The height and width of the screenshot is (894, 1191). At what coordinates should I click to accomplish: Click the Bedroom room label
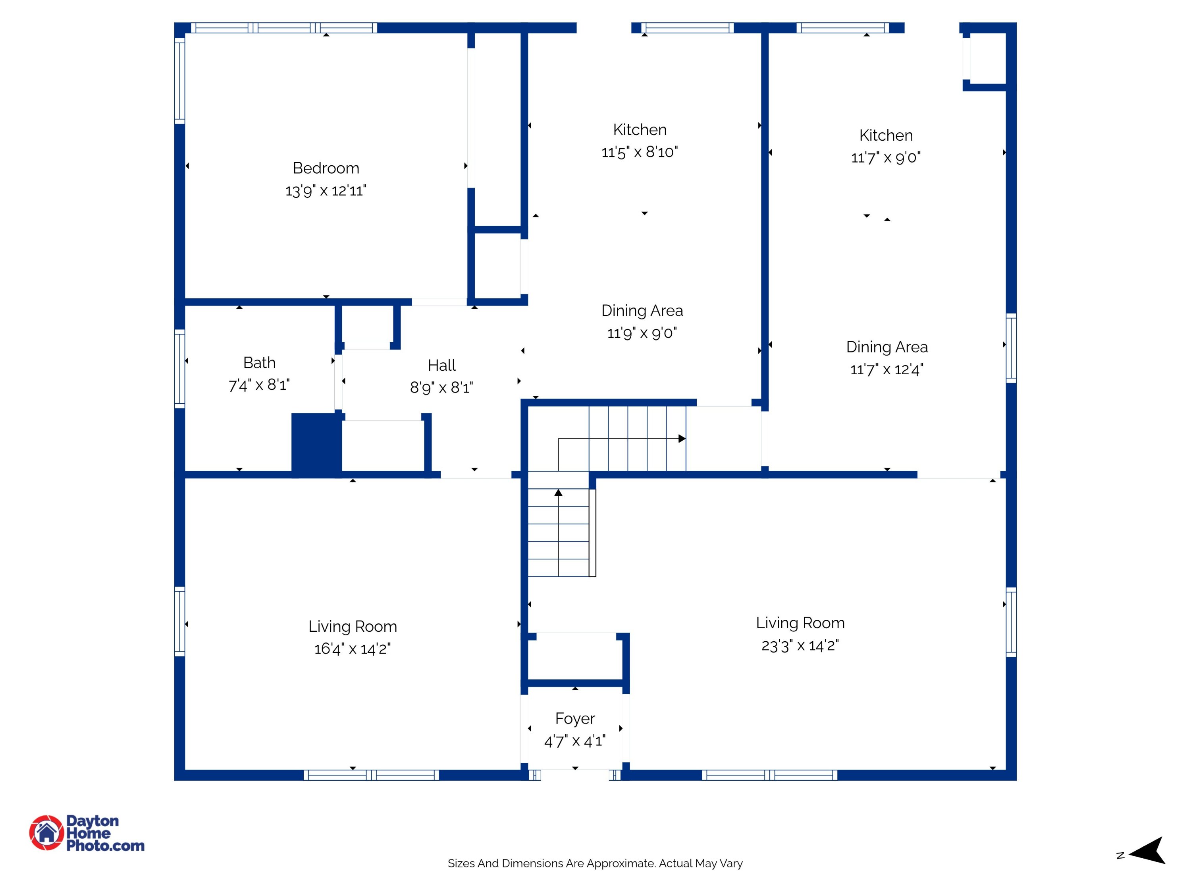[326, 168]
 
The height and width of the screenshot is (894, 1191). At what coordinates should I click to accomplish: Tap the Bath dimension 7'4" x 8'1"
[259, 385]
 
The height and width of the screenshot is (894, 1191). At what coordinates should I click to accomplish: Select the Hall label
[441, 366]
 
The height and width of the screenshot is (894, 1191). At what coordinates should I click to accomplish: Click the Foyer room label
[574, 718]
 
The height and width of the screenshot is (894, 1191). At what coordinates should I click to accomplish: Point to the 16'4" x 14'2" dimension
[352, 649]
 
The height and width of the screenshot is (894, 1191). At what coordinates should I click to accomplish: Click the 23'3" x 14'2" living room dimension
[800, 645]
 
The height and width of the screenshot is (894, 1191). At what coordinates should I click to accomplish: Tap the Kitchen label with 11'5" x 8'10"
[640, 130]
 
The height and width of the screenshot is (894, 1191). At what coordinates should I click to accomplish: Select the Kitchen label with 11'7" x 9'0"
[886, 135]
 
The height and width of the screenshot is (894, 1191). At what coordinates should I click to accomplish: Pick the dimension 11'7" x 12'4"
[886, 370]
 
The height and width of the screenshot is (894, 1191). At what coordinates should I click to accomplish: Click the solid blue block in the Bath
[316, 445]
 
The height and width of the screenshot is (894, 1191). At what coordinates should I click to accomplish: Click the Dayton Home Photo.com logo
[87, 832]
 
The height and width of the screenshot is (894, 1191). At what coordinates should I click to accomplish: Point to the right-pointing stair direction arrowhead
[682, 439]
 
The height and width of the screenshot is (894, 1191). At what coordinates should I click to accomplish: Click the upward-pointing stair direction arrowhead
[558, 493]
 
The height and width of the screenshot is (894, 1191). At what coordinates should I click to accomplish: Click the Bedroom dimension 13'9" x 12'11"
[326, 191]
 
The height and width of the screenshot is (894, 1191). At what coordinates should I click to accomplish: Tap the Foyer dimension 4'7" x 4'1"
[574, 741]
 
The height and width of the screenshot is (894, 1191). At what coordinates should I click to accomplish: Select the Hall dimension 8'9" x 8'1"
[441, 387]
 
